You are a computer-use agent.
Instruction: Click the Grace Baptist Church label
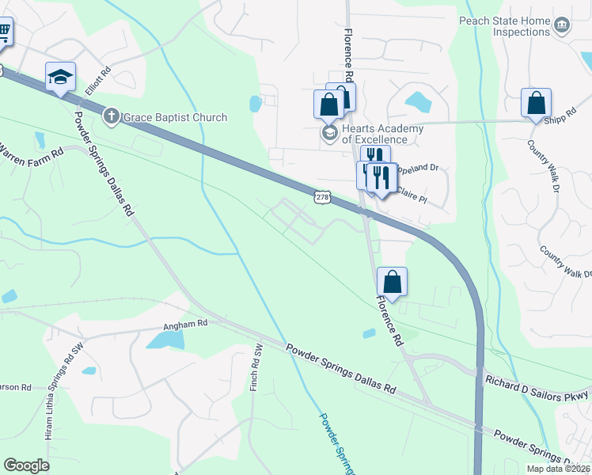pos(175,117)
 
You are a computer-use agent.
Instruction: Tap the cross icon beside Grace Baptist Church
pos(112,117)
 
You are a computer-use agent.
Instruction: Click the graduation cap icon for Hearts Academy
pos(329,132)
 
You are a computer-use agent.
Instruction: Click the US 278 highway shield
pos(321,196)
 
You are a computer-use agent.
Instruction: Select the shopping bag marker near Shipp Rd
pos(536,103)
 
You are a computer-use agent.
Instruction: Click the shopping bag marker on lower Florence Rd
pos(392,282)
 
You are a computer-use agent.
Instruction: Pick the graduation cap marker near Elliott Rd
pos(60,77)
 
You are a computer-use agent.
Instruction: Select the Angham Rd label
pos(184,323)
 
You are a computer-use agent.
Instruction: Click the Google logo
pos(26,465)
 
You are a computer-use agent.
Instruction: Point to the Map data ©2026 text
pos(558,469)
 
